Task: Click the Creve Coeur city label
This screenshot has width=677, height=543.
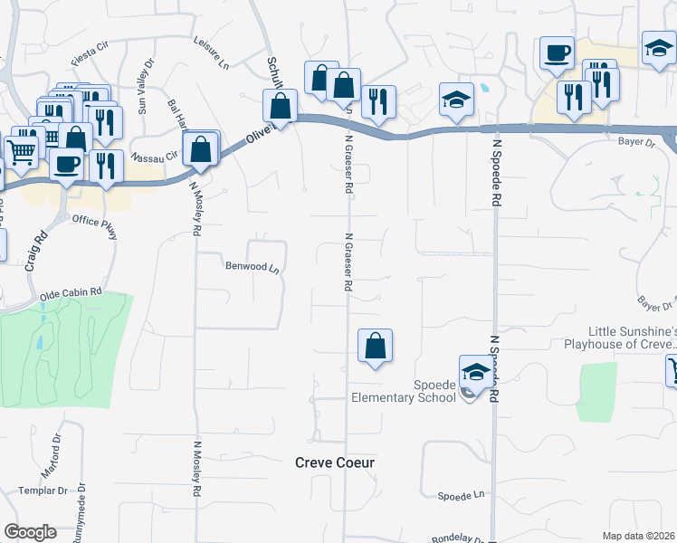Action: tap(335, 462)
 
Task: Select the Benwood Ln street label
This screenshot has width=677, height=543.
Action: tap(250, 267)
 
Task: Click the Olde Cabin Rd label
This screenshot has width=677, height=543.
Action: tap(72, 296)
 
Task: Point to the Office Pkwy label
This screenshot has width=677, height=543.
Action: tap(95, 226)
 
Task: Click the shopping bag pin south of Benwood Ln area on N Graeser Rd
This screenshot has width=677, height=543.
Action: tap(375, 345)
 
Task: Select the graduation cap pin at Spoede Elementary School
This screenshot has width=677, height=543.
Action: tap(476, 371)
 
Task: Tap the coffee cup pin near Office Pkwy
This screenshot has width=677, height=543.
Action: tap(66, 164)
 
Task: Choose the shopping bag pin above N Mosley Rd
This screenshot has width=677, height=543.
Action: tap(201, 149)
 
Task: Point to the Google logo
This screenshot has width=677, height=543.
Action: tap(30, 532)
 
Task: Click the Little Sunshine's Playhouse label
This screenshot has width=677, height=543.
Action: tap(632, 338)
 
